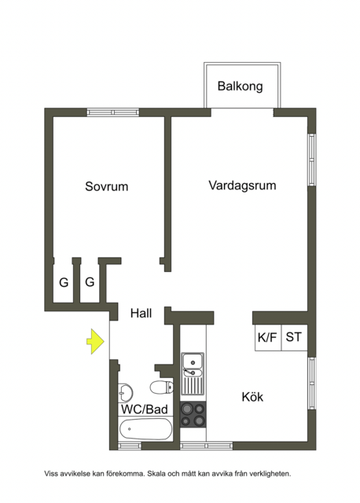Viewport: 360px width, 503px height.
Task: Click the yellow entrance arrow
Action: tap(95, 341)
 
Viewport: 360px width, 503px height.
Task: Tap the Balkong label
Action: tap(240, 86)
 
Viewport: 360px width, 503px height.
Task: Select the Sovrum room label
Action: tap(107, 186)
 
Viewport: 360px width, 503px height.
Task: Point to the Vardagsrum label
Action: tap(242, 185)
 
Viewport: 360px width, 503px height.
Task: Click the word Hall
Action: tap(141, 313)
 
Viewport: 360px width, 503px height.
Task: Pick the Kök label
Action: tap(252, 397)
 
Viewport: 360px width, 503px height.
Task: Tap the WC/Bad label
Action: tap(145, 409)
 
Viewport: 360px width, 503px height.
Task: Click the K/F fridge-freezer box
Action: tap(268, 337)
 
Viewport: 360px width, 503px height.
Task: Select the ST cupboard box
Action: tap(294, 337)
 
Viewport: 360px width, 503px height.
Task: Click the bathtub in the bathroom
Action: tap(145, 429)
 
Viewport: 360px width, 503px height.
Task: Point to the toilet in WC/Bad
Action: tap(161, 387)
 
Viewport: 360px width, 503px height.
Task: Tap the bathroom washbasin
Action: tap(125, 392)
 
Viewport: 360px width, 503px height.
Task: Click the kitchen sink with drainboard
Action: tap(193, 373)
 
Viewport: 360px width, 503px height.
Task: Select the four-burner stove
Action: tap(193, 414)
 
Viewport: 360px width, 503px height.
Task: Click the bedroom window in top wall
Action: tap(113, 112)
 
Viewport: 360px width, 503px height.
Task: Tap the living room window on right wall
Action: tap(311, 160)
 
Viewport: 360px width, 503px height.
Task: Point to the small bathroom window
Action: tap(130, 446)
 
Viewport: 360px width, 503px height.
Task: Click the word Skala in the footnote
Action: tap(157, 474)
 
